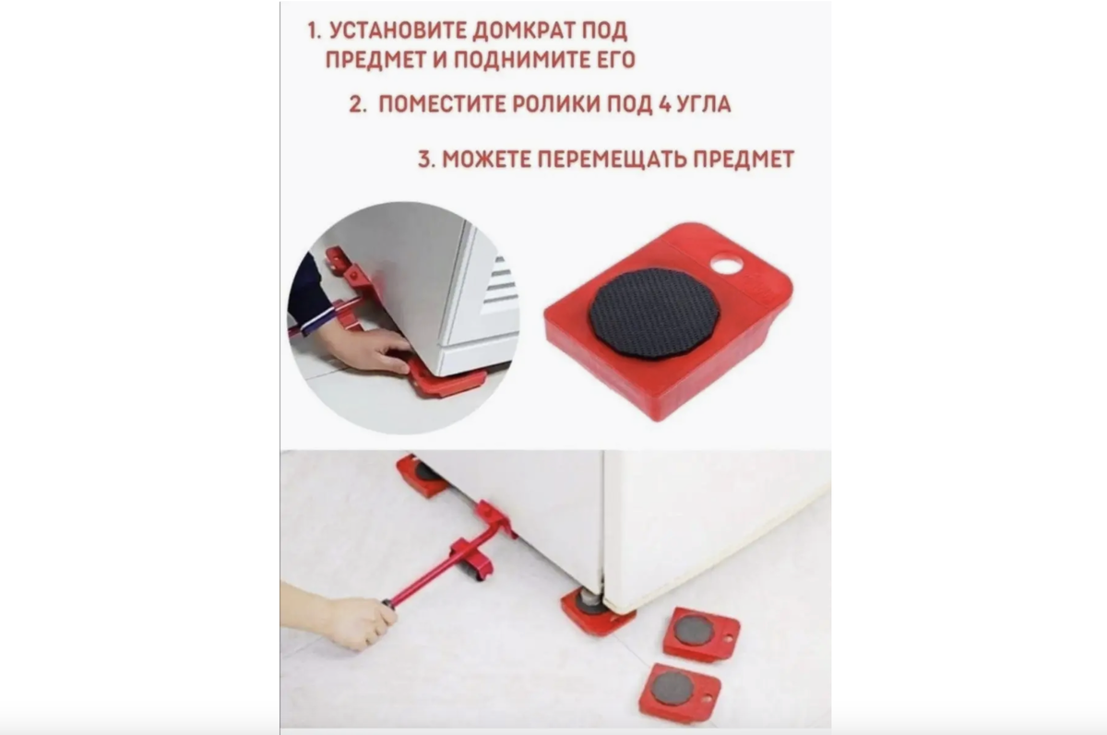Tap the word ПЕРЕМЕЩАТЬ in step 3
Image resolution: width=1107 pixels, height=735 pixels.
click(x=607, y=159)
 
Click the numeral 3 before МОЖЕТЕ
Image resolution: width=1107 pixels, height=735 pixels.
click(x=424, y=159)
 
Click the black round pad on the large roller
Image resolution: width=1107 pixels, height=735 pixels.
click(x=654, y=312)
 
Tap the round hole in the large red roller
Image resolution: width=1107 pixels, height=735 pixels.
click(x=727, y=266)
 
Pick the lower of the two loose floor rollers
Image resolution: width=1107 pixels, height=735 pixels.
click(x=679, y=691)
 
